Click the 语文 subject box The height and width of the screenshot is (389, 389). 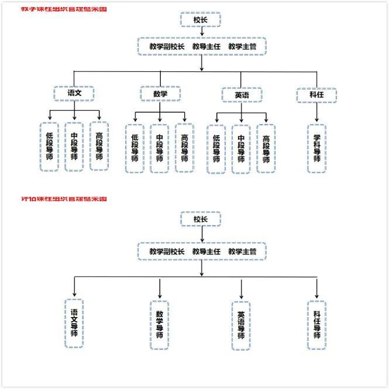74,93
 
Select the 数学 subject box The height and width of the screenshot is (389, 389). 160,94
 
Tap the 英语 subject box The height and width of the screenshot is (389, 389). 242,95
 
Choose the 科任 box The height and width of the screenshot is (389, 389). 316,95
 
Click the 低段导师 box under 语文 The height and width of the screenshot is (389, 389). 49,146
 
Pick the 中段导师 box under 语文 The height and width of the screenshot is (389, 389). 74,146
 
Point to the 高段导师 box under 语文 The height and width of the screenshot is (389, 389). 99,146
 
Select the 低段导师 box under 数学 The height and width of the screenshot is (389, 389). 135,149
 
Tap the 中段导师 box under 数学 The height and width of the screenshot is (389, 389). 160,149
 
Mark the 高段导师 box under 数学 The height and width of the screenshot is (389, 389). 185,149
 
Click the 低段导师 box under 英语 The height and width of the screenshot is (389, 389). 216,149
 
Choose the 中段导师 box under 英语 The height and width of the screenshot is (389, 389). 241,149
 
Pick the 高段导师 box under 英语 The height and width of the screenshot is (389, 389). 266,149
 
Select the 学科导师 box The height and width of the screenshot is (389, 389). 316,149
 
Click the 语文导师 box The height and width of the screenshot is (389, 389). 74,323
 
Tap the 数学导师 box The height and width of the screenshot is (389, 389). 159,325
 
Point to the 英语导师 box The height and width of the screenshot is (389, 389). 241,325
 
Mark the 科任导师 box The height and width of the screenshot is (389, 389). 316,325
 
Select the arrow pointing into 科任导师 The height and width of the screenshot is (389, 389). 316,289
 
